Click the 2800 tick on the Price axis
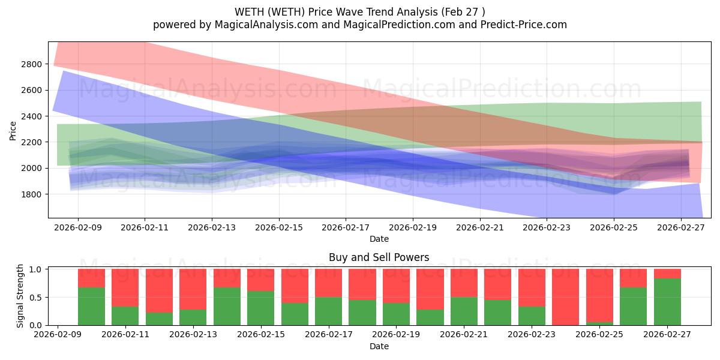pyautogui.click(x=34, y=64)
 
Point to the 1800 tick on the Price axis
pyautogui.click(x=34, y=194)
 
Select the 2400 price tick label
pyautogui.click(x=34, y=116)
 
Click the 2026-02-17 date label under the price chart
pyautogui.click(x=346, y=228)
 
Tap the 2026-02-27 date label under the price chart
pyautogui.click(x=681, y=228)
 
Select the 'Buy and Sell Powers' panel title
pyautogui.click(x=379, y=257)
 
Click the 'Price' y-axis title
pyautogui.click(x=13, y=130)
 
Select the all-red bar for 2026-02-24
pyautogui.click(x=565, y=296)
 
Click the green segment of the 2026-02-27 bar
pyautogui.click(x=667, y=302)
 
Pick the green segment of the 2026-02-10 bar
pyautogui.click(x=91, y=307)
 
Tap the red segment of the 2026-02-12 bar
pyautogui.click(x=159, y=291)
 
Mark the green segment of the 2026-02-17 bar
pyautogui.click(x=328, y=311)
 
